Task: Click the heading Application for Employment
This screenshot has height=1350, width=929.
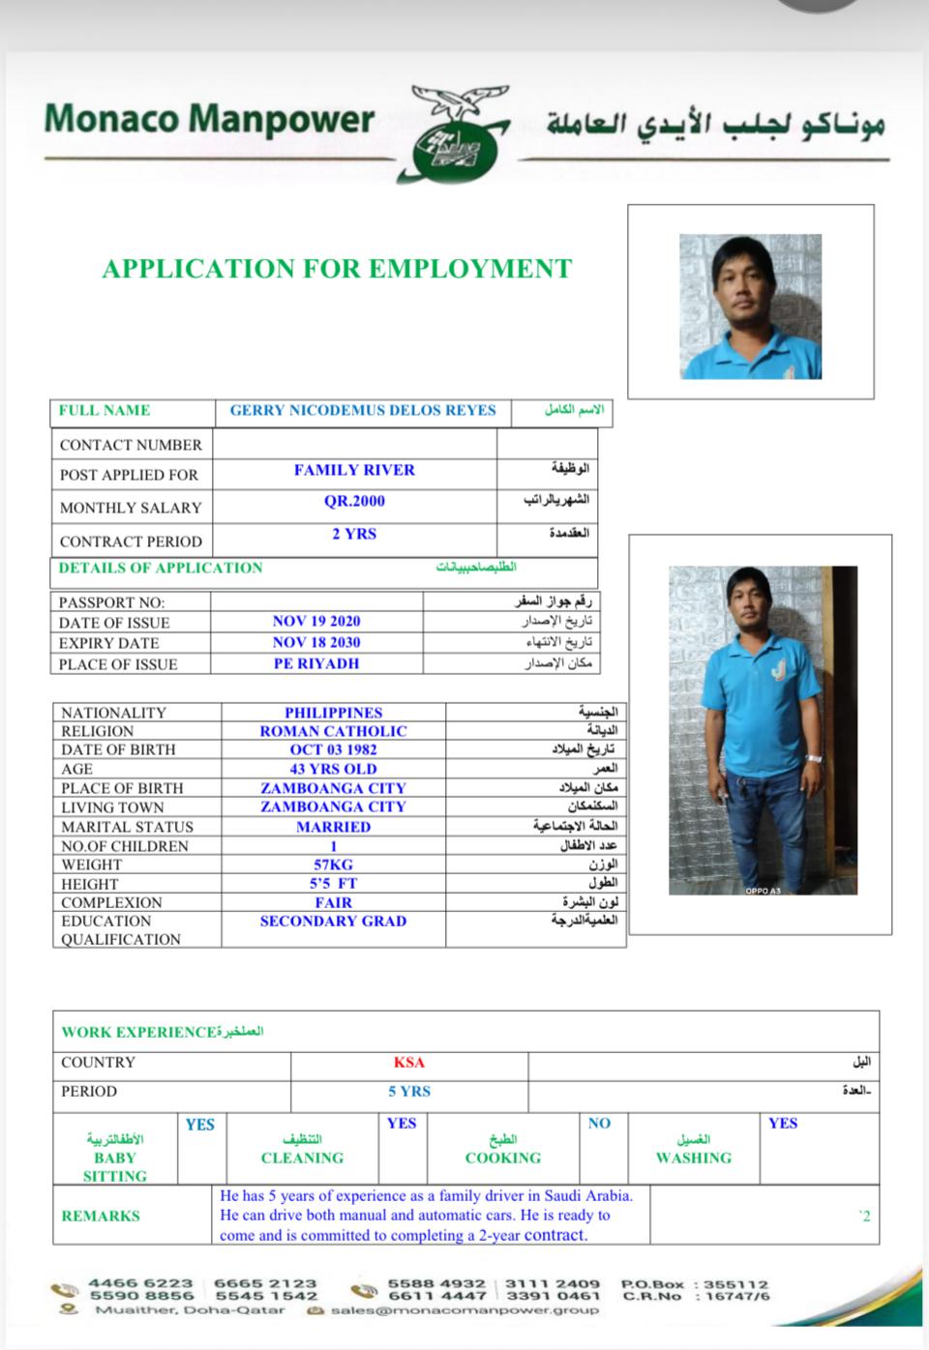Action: click(337, 268)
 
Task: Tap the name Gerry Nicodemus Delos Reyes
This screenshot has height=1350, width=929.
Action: click(362, 410)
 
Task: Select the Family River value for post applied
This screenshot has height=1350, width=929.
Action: click(354, 470)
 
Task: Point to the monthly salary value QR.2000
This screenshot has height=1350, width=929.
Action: click(354, 501)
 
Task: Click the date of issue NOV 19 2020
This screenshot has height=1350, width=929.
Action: click(315, 622)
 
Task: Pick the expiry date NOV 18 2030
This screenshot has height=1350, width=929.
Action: click(315, 642)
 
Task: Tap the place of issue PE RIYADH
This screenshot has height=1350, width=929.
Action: click(315, 663)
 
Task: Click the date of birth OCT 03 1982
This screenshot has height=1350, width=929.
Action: click(333, 749)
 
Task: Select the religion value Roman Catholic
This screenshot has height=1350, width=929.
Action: click(333, 731)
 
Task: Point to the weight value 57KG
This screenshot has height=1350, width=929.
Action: click(333, 865)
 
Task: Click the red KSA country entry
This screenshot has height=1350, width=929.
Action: click(408, 1062)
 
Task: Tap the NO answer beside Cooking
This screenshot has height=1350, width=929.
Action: click(599, 1123)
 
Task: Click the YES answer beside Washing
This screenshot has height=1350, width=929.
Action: click(783, 1123)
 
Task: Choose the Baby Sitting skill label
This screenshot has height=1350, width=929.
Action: click(115, 1166)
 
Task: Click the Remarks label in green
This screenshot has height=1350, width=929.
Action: click(101, 1216)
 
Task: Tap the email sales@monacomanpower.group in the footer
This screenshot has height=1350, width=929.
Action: click(464, 1310)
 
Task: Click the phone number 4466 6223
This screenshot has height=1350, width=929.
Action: click(141, 1283)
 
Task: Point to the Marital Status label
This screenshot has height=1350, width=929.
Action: click(127, 827)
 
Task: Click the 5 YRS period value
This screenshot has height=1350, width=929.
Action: click(408, 1091)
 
